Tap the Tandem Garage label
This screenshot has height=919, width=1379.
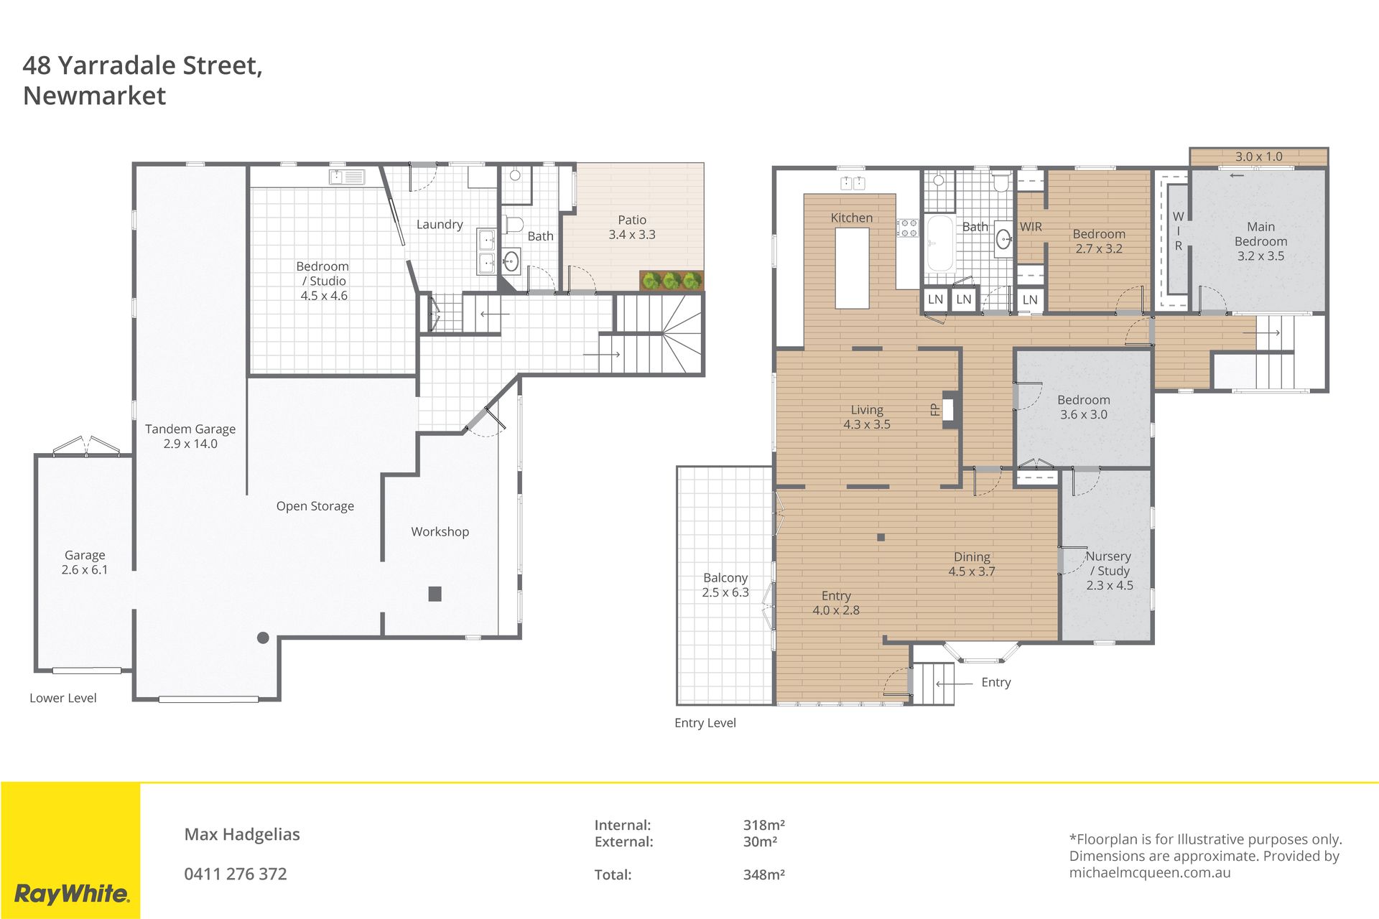pos(190,437)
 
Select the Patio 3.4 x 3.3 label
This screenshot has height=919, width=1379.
pos(632,228)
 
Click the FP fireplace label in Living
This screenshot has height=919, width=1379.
pos(934,409)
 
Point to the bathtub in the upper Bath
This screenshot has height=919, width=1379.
pos(939,243)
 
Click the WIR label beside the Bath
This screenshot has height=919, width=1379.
pos(1031,227)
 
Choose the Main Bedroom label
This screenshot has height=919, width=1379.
pos(1261,241)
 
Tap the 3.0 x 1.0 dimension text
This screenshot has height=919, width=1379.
pos(1259,157)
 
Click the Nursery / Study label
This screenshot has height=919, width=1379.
pos(1110,571)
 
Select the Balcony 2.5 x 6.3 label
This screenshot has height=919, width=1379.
pos(725,585)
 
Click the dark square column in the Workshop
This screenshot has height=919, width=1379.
pos(435,594)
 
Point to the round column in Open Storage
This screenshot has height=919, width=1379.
pos(263,638)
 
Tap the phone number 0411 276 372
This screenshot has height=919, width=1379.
pos(236,874)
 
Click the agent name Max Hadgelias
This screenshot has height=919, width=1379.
pos(242,834)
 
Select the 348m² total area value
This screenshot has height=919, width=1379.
pos(764,874)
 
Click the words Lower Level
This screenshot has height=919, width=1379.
pos(63,698)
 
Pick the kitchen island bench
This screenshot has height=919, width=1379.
pos(853,269)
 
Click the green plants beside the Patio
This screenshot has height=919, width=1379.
pos(672,281)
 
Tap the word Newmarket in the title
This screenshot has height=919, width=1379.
pos(94,95)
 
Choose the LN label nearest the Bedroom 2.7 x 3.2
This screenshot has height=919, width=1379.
pos(1030,300)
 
